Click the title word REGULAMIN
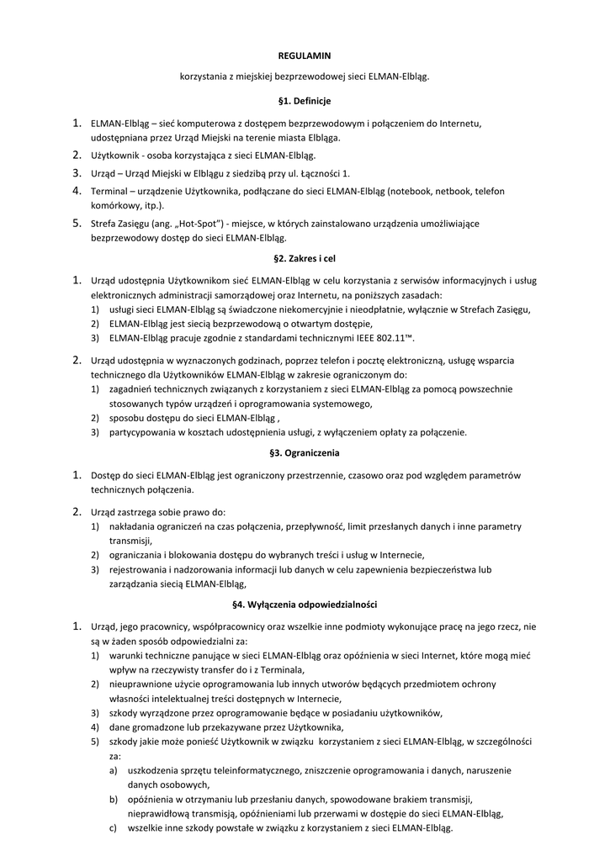coord(305,55)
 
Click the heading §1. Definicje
coord(305,101)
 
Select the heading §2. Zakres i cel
coord(305,257)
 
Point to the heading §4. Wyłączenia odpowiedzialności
coord(305,605)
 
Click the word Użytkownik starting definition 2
coord(115,156)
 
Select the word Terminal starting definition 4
coord(109,192)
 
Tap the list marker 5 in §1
coord(76,224)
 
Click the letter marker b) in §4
coord(114,799)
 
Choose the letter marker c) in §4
coord(114,828)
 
